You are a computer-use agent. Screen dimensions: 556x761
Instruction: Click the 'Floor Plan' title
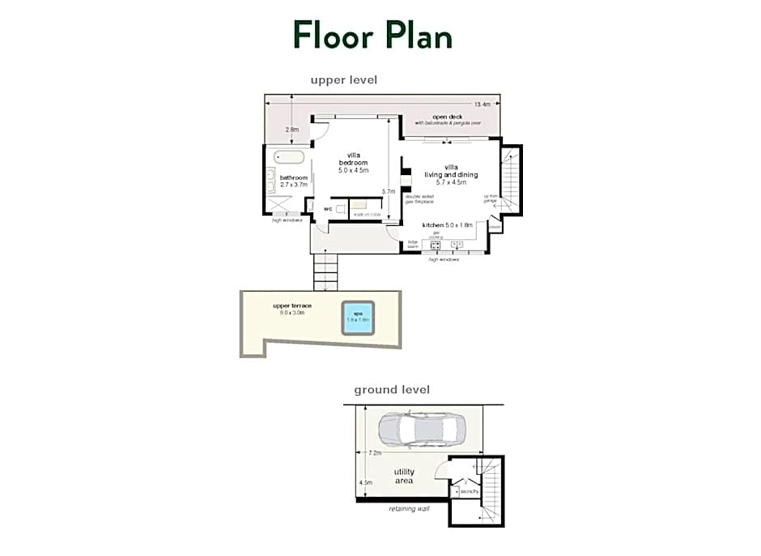372,35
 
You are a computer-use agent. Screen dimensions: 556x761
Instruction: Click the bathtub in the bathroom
288,157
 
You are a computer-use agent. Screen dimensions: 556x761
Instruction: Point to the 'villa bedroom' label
353,163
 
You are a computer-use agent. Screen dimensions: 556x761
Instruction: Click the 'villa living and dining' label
450,174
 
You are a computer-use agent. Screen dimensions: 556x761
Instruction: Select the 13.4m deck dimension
483,105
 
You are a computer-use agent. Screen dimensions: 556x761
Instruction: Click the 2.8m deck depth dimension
291,130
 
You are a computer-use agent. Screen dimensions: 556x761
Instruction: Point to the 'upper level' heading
344,79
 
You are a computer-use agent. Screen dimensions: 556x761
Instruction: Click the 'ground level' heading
392,390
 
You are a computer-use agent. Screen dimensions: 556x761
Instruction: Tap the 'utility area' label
404,476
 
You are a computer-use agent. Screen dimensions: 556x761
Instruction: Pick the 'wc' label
328,209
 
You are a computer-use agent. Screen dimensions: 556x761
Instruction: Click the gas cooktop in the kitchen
435,244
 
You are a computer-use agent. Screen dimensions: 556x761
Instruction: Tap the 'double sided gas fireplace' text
419,199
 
